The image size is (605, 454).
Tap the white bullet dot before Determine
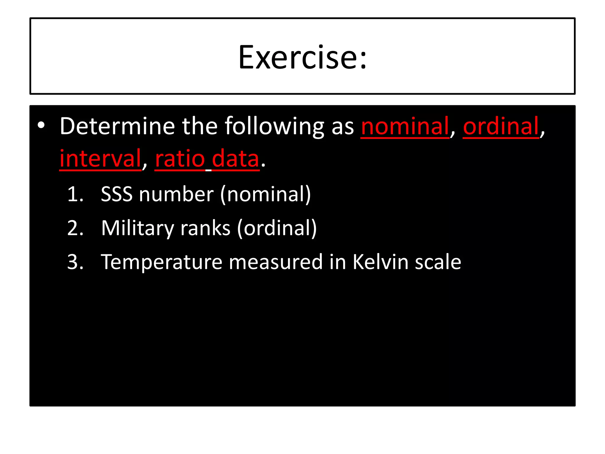[x=41, y=126]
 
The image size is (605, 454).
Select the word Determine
[x=117, y=126]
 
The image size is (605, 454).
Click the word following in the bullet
[x=274, y=126]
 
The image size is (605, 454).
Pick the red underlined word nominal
[x=405, y=126]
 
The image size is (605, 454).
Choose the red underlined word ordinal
[x=501, y=126]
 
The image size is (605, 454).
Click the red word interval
[x=100, y=159]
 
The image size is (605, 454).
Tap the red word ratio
[x=180, y=159]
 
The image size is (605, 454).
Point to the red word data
[x=235, y=159]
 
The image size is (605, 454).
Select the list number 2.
[x=75, y=228]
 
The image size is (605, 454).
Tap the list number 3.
[x=75, y=262]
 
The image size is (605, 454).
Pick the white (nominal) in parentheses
[x=265, y=194]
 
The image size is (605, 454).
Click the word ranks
[x=205, y=228]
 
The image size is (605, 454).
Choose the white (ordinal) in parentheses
[x=277, y=228]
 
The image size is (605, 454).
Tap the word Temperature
[x=161, y=262]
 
